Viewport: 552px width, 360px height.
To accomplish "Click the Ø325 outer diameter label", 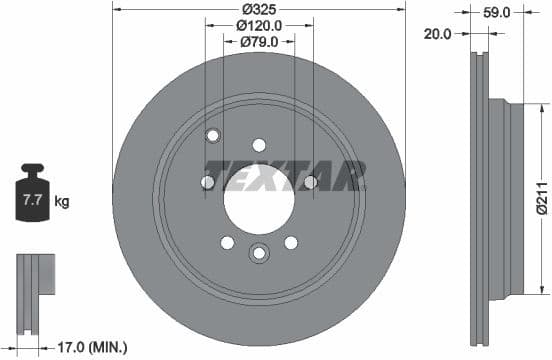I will click(x=259, y=8).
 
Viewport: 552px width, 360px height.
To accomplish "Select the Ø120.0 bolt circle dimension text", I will click(x=259, y=25).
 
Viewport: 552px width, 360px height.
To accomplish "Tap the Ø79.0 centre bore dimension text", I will click(x=259, y=42).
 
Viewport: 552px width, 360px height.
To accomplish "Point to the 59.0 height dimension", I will click(x=497, y=13).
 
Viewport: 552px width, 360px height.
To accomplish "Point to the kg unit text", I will click(x=62, y=202).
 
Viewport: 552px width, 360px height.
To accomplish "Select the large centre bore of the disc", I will click(x=259, y=191).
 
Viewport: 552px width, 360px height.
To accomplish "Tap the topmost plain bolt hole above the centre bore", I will click(x=259, y=145).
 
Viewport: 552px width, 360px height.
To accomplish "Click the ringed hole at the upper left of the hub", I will click(x=212, y=136).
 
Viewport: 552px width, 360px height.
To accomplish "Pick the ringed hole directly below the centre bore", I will click(x=259, y=252).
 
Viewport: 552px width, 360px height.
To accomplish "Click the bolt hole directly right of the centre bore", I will click(x=310, y=182).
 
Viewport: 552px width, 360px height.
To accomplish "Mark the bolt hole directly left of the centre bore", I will click(x=208, y=182).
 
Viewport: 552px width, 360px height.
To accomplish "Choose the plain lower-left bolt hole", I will click(x=227, y=242).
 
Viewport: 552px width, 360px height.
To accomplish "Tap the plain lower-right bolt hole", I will click(x=291, y=242).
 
